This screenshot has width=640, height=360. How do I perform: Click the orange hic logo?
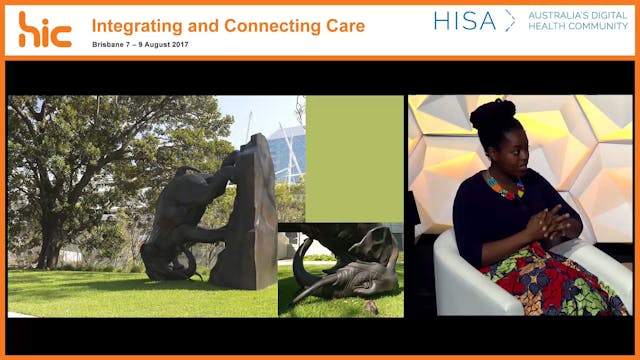[45, 29]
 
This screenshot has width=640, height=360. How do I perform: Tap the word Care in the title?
[339, 25]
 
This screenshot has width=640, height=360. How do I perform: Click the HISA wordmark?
[465, 20]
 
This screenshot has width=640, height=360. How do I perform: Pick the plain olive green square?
[354, 158]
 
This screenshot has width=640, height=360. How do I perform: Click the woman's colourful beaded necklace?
[505, 187]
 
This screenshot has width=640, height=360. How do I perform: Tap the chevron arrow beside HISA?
[510, 20]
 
